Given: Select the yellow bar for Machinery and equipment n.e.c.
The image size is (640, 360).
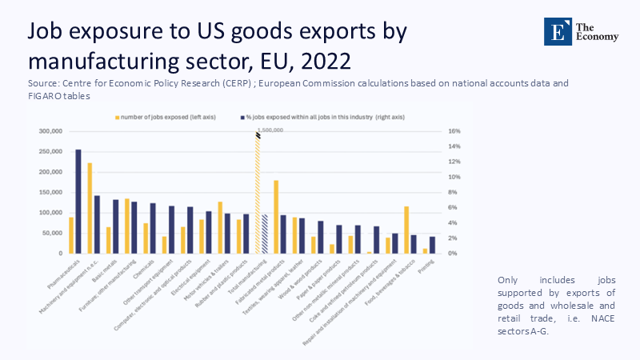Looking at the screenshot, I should coord(90,208).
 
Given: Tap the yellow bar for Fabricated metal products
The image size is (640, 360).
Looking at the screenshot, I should coord(276,217).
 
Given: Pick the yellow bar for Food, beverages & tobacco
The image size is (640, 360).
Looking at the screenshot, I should coord(406,230).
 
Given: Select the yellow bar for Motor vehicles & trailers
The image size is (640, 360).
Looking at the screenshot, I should coord(220,227).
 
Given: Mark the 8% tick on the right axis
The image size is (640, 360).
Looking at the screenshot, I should coord(453,193).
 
